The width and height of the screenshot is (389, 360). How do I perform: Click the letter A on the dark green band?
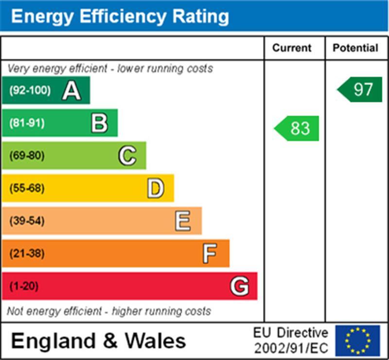tap(71, 90)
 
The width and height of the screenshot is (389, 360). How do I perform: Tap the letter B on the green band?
tap(99, 123)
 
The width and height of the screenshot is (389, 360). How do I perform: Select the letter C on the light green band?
tap(127, 156)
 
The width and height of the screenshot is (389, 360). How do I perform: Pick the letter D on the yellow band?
tap(156, 188)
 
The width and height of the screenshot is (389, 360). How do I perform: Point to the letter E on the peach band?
tap(183, 221)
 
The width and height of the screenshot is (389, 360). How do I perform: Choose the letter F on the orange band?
tap(210, 253)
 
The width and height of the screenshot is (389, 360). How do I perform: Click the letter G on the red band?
tap(239, 286)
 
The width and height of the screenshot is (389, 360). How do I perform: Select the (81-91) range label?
tap(27, 123)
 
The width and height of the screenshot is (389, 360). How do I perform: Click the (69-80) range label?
tap(27, 156)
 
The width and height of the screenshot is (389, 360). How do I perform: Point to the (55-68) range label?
tap(27, 188)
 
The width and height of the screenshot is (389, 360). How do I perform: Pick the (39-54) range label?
tap(27, 221)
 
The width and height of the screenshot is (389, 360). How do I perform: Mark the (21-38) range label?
tap(27, 253)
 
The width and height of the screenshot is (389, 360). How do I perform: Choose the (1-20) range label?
tap(24, 286)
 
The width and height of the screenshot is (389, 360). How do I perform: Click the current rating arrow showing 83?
tap(297, 128)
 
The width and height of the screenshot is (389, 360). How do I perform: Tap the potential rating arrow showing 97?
tap(360, 90)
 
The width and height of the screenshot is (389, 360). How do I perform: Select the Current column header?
tap(292, 48)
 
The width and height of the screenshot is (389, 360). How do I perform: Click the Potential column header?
tap(355, 48)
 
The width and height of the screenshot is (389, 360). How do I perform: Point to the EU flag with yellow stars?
tap(357, 341)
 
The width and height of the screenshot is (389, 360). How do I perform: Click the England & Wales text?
tap(98, 341)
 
